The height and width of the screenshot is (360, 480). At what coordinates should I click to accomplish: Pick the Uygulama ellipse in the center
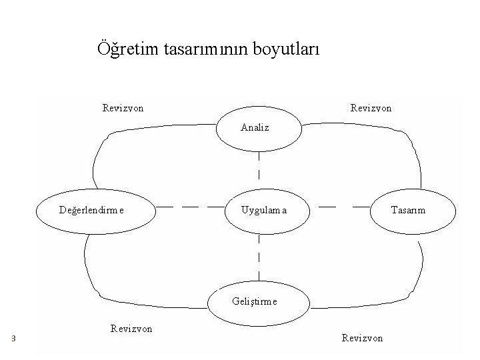265,211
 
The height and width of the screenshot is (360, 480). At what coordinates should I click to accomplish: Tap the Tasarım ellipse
412,211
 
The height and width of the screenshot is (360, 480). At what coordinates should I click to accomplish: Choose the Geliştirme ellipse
260,301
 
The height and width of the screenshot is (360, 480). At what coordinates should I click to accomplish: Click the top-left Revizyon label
123,107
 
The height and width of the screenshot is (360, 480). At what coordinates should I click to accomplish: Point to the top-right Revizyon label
371,107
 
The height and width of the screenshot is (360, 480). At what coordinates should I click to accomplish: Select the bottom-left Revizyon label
131,328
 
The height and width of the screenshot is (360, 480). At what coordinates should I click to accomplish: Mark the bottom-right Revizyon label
362,338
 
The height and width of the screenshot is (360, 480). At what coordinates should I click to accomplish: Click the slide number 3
13,339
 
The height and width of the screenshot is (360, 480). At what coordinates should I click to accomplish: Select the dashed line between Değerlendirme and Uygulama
190,207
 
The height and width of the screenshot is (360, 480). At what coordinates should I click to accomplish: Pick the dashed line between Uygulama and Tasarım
340,207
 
